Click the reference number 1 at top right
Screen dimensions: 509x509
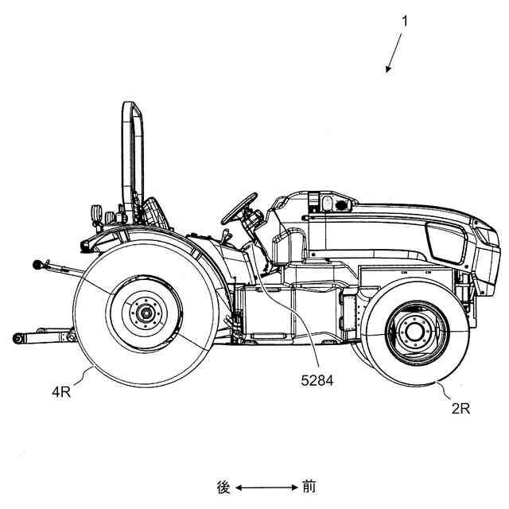[404, 21]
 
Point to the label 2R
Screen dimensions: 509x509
[460, 409]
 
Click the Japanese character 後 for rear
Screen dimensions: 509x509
[223, 487]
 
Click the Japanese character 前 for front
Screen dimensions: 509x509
[309, 487]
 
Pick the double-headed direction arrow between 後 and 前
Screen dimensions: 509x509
[266, 487]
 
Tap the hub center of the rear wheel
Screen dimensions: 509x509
[147, 313]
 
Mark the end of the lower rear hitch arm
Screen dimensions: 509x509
[17, 339]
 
